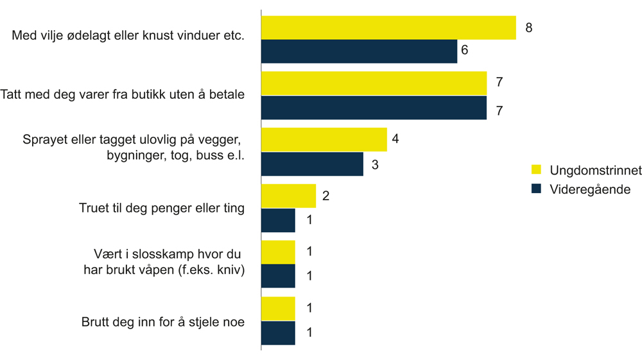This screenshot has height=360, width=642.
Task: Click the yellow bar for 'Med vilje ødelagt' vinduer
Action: point(388,28)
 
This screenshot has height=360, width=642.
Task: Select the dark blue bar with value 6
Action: point(359,51)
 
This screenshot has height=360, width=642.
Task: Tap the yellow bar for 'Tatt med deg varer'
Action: point(374,83)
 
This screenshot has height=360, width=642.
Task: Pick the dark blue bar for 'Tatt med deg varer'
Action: point(374,108)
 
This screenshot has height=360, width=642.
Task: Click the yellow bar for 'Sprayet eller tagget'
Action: point(324,139)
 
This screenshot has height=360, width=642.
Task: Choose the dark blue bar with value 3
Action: point(312,164)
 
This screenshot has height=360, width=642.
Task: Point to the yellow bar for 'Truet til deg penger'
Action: point(288,196)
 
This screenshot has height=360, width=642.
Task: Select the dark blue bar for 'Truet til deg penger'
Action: point(278,220)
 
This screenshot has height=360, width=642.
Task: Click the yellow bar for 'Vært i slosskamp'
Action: point(278,252)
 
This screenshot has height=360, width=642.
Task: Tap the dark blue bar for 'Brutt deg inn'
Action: point(278,333)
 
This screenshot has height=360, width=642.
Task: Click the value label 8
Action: point(529,28)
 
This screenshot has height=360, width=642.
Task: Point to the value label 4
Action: point(395,139)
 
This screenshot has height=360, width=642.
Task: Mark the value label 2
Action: point(325,196)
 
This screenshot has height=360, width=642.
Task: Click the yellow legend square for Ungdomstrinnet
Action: point(537,170)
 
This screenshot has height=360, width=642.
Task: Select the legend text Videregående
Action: point(590,189)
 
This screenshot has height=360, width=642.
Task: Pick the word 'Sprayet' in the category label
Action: point(45,139)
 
